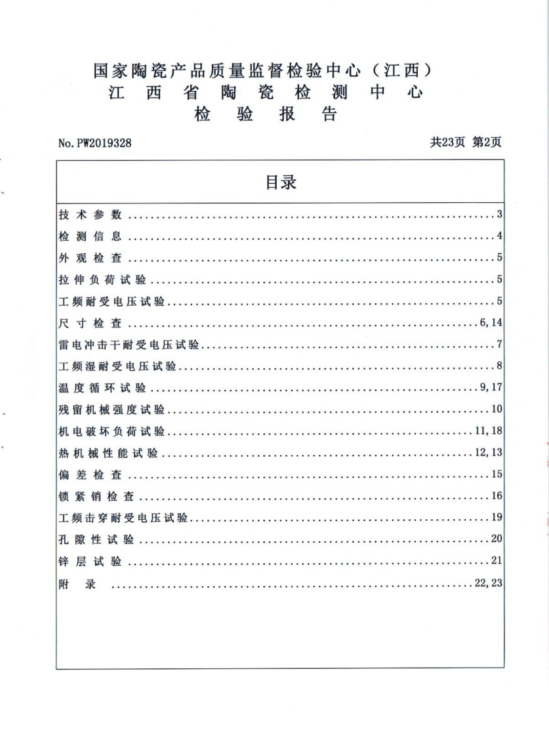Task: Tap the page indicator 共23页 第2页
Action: [x=466, y=141]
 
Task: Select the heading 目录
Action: [x=281, y=182]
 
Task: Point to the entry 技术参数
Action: [x=90, y=215]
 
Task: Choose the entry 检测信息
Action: [x=90, y=237]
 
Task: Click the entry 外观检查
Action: [x=90, y=259]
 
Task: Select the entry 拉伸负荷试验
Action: [x=102, y=280]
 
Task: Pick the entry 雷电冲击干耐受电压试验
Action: [x=129, y=345]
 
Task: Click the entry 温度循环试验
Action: [x=102, y=389]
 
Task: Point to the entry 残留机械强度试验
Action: [x=112, y=410]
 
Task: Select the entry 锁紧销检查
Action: [x=96, y=496]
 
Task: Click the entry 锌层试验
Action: [x=90, y=561]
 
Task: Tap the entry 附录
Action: [x=77, y=584]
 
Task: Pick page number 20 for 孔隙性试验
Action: [x=496, y=540]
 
